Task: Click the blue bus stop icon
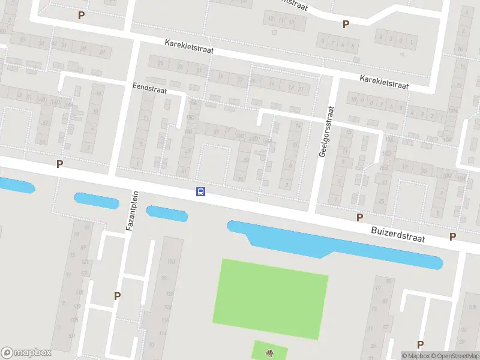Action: [201, 192]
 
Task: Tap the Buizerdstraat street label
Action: [398, 234]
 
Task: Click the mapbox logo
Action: [26, 353]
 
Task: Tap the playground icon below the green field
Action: [269, 352]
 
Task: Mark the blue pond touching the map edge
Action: [15, 185]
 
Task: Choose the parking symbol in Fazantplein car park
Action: [117, 295]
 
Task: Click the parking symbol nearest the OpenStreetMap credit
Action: [420, 344]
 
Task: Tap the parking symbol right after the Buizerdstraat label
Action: [453, 236]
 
